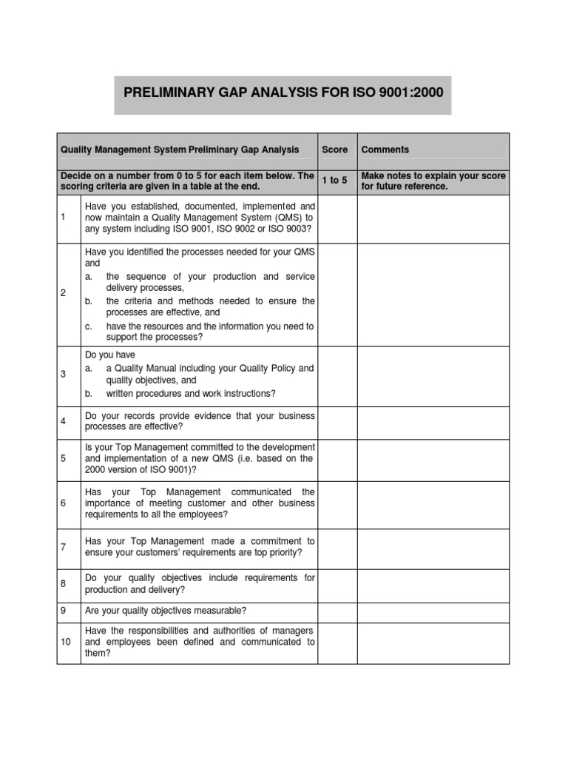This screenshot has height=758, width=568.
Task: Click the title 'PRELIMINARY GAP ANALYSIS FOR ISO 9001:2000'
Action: (283, 95)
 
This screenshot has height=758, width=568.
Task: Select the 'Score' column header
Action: (334, 150)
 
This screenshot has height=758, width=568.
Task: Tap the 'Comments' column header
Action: (385, 150)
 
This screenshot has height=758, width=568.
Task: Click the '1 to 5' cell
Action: (334, 181)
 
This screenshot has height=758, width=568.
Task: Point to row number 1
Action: (63, 218)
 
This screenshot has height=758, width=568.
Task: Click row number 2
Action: (63, 293)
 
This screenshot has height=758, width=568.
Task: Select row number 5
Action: (63, 459)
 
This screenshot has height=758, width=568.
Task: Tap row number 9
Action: (63, 611)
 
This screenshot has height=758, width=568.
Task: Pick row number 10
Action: (65, 642)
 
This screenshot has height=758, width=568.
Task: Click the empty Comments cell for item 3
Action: (433, 375)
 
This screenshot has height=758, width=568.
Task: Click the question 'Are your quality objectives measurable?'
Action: (166, 611)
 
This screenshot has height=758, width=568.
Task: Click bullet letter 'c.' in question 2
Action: (89, 326)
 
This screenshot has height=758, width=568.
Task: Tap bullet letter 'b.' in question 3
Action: (89, 393)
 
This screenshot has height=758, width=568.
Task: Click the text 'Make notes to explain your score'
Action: (433, 175)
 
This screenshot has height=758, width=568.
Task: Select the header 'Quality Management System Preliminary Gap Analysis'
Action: (180, 150)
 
